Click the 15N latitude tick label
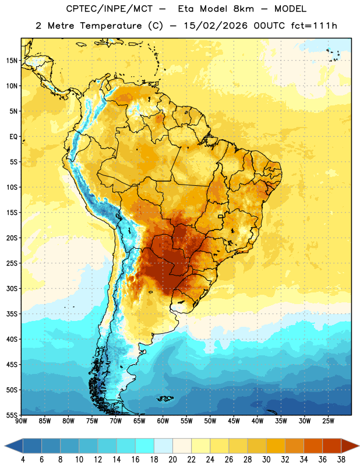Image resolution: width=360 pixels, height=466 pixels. click(12, 61)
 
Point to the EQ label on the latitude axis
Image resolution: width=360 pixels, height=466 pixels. click(13, 137)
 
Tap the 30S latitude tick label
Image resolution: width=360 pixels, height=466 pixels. click(12, 289)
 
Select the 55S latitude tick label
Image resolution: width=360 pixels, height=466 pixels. click(12, 415)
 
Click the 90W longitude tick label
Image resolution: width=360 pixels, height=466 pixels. click(21, 421)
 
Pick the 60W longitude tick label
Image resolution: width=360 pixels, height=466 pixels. click(163, 421)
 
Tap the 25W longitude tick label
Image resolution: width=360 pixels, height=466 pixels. click(328, 421)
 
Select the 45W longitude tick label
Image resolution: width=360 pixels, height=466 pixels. click(234, 421)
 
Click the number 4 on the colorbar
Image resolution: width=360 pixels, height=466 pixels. click(23, 460)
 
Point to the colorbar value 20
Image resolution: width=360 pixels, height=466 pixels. click(172, 460)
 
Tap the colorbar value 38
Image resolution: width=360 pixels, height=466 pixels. click(341, 460)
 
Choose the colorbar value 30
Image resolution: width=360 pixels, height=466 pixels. click(266, 460)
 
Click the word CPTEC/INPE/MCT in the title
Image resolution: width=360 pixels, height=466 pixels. click(109, 9)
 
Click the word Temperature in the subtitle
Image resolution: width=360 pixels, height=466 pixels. click(111, 26)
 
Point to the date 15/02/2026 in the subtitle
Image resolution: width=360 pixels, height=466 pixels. click(216, 26)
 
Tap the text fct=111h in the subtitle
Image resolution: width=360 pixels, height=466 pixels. click(314, 26)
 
